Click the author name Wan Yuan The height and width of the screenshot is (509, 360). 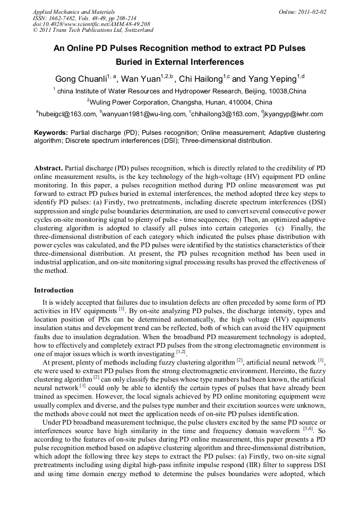click(x=140, y=79)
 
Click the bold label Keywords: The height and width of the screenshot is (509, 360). click(x=51, y=133)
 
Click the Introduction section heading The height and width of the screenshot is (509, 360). click(x=54, y=290)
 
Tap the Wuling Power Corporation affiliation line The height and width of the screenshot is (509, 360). click(x=181, y=102)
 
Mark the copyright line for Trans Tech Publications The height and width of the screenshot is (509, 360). click(x=93, y=31)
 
